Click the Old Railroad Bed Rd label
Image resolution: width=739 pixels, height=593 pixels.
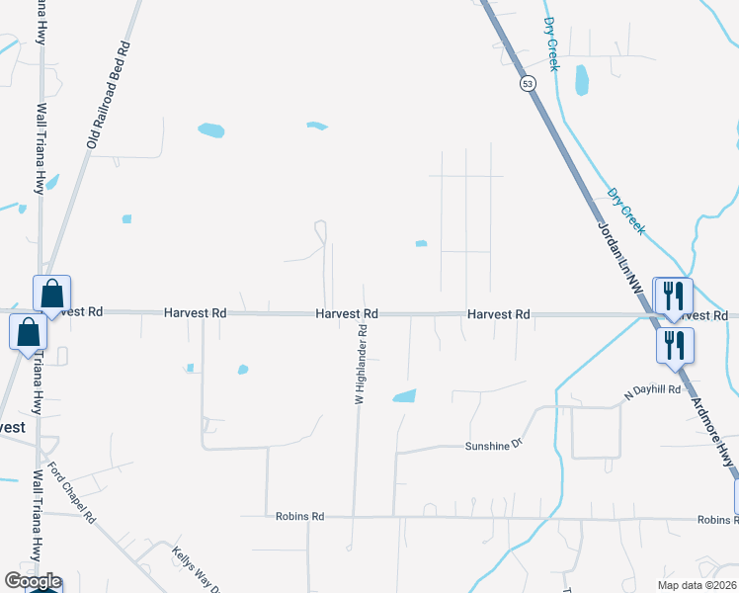[x=109, y=96]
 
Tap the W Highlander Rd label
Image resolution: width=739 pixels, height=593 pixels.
[x=362, y=366]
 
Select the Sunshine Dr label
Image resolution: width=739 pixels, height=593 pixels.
[x=492, y=446]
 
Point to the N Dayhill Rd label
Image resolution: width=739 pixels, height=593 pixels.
[x=653, y=390]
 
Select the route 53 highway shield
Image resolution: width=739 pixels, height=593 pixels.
[x=530, y=84]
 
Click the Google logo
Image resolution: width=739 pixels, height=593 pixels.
[x=33, y=581]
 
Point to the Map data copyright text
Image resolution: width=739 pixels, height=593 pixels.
[x=698, y=585]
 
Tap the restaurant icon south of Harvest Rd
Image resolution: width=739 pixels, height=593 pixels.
[x=676, y=345]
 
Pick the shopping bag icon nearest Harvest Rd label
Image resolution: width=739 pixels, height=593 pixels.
[x=51, y=294]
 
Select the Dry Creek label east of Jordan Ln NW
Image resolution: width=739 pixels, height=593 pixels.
[x=626, y=212]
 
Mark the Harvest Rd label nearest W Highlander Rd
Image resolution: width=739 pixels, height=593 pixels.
[x=347, y=313]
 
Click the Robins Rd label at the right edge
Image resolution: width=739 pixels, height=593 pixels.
[x=717, y=520]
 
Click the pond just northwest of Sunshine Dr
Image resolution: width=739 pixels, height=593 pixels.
[x=404, y=396]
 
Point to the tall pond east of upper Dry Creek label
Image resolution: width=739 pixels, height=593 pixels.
[x=581, y=80]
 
